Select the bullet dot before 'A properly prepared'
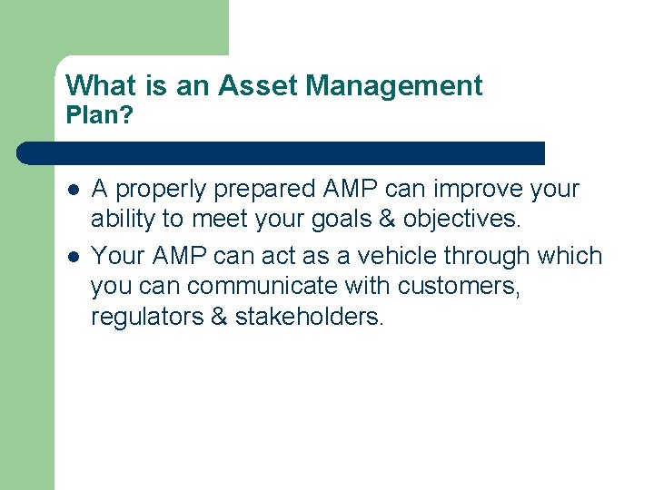pyautogui.click(x=72, y=190)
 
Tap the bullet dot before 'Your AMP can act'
pyautogui.click(x=72, y=256)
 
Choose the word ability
pyautogui.click(x=123, y=220)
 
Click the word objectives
pyautogui.click(x=462, y=220)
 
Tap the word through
pyautogui.click(x=486, y=256)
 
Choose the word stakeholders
pyautogui.click(x=310, y=318)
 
